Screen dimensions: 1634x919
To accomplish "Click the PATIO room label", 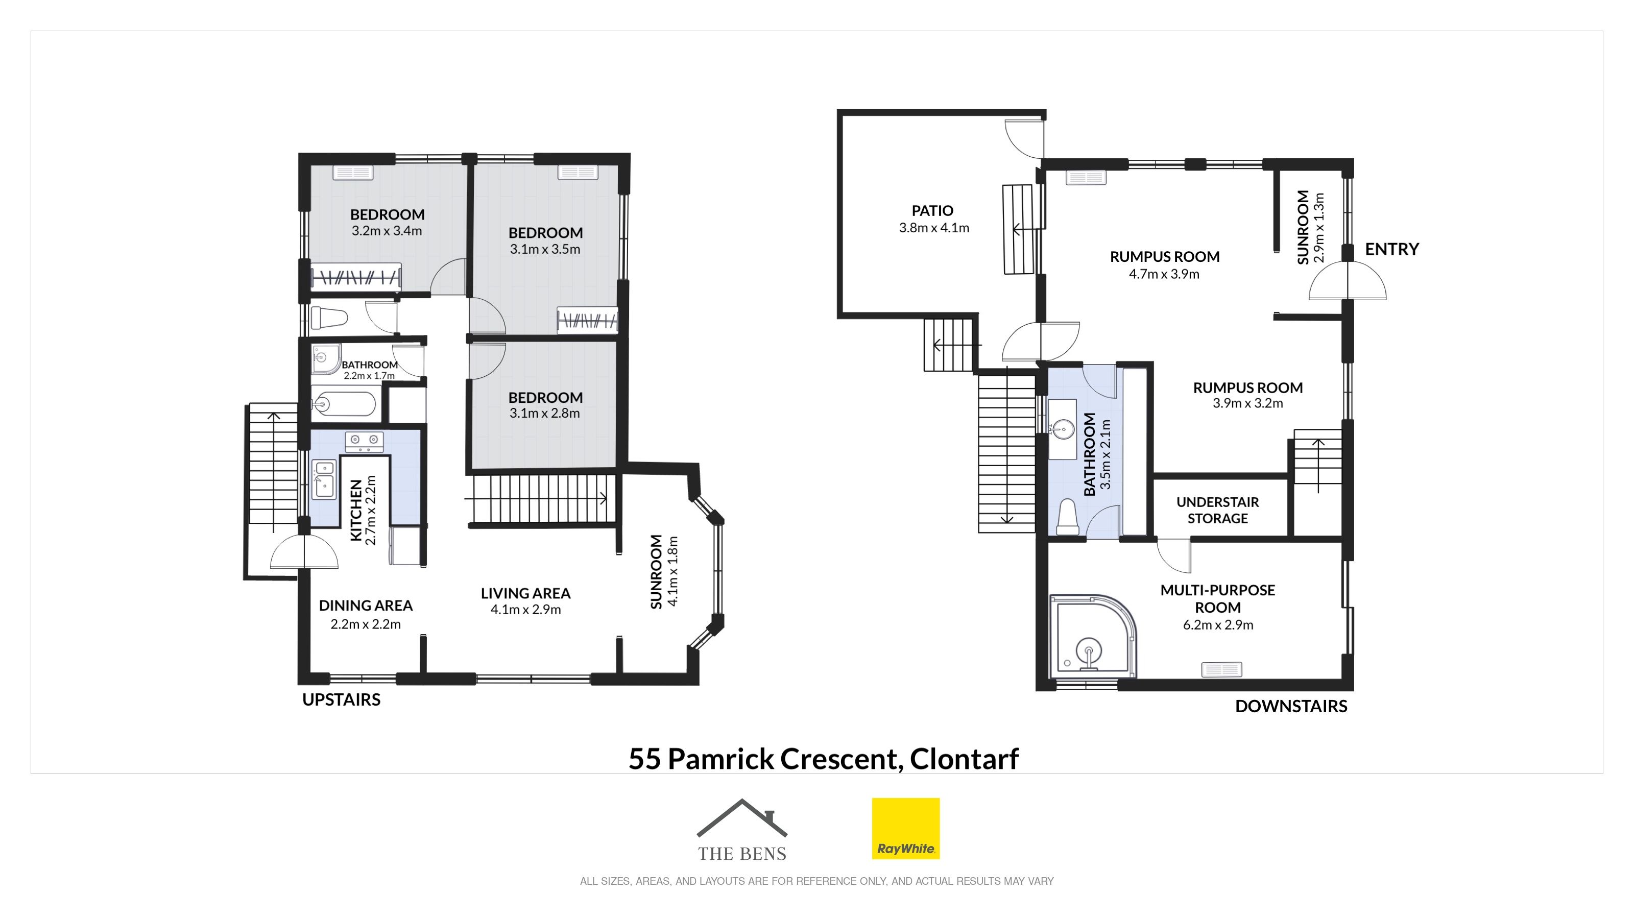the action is (x=932, y=210).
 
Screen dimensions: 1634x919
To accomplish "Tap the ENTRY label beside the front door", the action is (x=1391, y=249).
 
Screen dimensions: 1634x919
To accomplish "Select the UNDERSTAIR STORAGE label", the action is (x=1217, y=510).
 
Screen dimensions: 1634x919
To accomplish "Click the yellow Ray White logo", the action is (x=906, y=828).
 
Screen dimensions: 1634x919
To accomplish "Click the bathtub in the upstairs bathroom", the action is (x=344, y=404).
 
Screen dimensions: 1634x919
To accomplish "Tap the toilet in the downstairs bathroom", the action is (x=1068, y=517).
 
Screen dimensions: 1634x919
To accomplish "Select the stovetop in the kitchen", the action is (x=364, y=442).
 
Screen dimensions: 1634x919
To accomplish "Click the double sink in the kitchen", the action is (x=324, y=479).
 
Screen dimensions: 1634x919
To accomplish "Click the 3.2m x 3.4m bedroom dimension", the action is (x=387, y=231).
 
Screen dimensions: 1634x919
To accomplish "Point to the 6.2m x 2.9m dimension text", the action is (x=1218, y=625).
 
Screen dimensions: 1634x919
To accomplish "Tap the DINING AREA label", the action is (x=366, y=606).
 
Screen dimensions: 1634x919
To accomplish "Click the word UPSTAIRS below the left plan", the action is (x=341, y=699).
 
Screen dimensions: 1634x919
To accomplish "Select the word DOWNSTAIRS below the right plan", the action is (x=1291, y=707).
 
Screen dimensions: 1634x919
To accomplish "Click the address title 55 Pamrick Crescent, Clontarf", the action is (x=823, y=759).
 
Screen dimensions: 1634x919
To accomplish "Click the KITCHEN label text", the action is (x=356, y=511).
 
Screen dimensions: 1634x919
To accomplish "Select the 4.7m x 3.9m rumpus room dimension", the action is (x=1164, y=275).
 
